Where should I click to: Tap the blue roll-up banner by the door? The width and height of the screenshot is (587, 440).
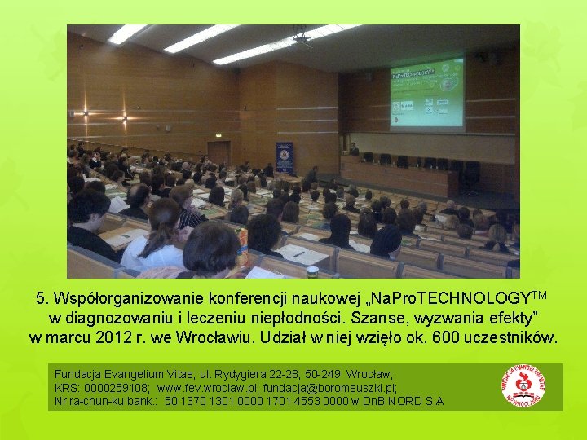285,157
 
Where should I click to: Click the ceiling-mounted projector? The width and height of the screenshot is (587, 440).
302,37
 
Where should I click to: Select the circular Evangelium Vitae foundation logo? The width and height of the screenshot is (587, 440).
523,385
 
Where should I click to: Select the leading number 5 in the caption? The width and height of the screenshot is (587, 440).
41,297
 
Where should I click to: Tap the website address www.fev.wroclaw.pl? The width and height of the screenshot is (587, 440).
207,389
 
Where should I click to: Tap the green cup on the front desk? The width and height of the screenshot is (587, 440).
312,271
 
